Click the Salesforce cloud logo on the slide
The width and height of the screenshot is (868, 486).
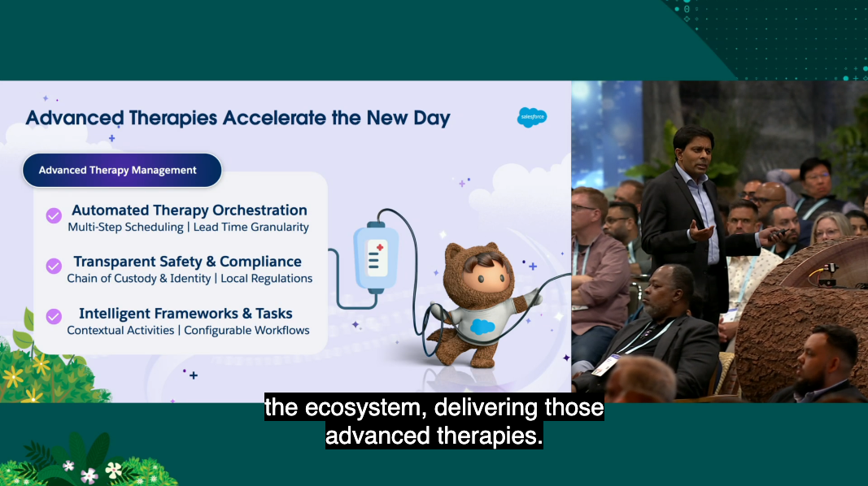532,117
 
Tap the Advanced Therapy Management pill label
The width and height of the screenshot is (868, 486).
122,171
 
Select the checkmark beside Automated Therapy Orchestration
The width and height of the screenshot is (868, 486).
54,215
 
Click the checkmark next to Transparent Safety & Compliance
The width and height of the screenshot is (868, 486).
54,267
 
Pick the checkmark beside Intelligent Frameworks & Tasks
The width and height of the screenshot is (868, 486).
54,317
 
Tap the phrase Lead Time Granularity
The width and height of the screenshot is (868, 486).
251,228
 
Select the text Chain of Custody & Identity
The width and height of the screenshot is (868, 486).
141,279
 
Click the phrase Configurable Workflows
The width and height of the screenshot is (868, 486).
246,331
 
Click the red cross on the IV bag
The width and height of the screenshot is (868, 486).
380,248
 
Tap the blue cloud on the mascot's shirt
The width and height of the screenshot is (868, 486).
482,327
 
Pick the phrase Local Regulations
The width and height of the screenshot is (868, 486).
266,279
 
